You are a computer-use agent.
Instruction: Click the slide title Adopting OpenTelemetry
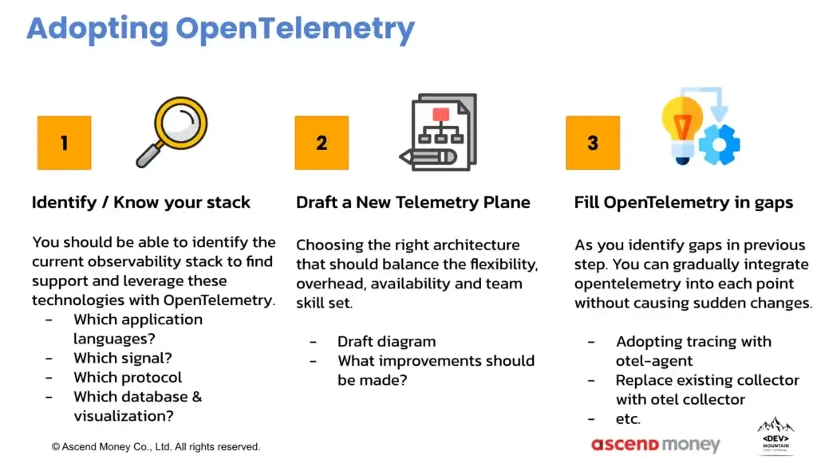click(220, 29)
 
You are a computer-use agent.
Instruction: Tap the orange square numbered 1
click(64, 143)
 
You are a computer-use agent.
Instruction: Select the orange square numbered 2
click(322, 143)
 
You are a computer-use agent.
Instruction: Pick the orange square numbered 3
click(593, 143)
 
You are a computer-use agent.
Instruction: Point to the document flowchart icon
click(439, 132)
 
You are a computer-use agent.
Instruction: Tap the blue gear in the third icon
click(720, 145)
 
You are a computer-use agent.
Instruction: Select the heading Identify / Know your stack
click(140, 202)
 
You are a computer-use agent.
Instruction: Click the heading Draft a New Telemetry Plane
click(413, 202)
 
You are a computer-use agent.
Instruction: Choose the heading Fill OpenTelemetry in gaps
click(684, 202)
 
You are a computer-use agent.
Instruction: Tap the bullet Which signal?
click(122, 358)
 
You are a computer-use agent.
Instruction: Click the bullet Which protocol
click(128, 377)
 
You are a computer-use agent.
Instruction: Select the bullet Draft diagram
click(386, 341)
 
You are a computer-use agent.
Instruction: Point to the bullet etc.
click(628, 419)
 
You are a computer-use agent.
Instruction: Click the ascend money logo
click(656, 445)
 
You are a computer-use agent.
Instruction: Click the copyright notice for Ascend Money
click(156, 447)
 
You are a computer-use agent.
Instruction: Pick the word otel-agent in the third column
click(654, 361)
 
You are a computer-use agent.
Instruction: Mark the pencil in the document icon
click(428, 157)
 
